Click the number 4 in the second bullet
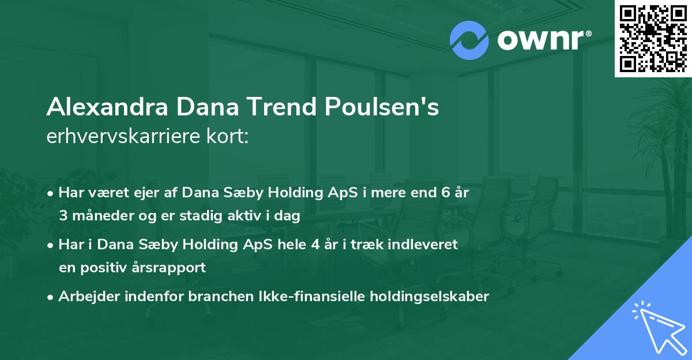315,245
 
